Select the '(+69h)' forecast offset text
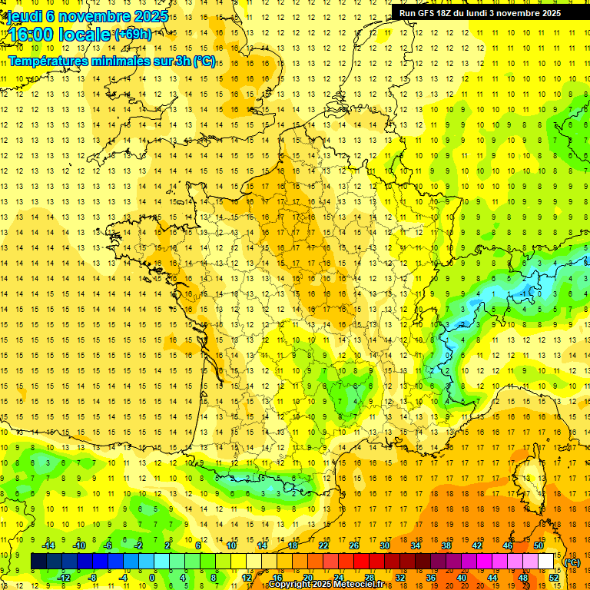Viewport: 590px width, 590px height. (132, 35)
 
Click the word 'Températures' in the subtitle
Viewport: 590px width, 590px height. (45, 61)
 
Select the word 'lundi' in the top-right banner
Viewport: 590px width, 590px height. (488, 13)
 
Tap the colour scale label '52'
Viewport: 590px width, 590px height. (554, 577)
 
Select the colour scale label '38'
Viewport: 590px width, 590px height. (446, 545)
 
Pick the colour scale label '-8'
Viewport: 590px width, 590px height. (93, 577)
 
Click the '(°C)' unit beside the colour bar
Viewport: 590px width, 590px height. (572, 562)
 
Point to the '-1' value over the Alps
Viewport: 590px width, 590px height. (524, 293)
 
